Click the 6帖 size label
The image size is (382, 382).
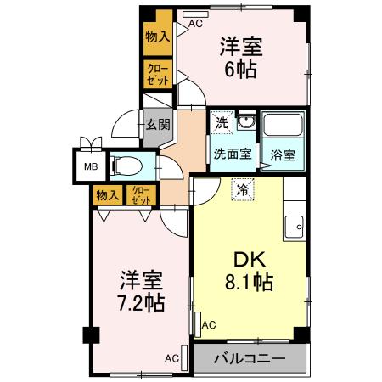[x=241, y=70]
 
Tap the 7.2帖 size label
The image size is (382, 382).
[x=142, y=301]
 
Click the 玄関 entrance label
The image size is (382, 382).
[x=157, y=124]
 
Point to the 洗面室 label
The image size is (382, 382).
[x=230, y=155]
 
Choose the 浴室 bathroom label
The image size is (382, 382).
[x=283, y=156]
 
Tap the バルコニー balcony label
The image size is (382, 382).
[x=250, y=357]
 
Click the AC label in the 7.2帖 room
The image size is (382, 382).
[x=171, y=358]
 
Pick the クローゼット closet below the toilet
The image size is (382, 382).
[x=140, y=195]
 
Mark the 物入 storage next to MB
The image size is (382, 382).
[x=107, y=195]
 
